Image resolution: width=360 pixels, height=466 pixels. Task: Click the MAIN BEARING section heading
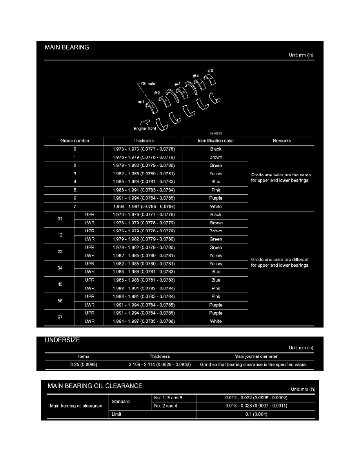(x=67, y=47)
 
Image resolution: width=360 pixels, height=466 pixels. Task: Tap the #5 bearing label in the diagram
(x=211, y=70)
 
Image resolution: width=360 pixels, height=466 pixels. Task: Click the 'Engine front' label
(x=145, y=128)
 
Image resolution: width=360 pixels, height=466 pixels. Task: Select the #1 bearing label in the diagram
(x=141, y=102)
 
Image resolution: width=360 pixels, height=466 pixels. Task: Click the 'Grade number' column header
(x=75, y=140)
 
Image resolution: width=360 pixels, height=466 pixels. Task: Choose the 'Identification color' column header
(x=216, y=140)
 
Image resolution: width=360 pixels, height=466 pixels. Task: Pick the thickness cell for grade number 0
(x=143, y=149)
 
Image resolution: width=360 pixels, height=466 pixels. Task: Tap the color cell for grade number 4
(x=216, y=182)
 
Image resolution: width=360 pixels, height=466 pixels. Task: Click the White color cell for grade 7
(x=216, y=206)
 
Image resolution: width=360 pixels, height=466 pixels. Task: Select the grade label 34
(x=60, y=268)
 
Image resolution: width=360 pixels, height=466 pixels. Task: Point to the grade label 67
(x=60, y=317)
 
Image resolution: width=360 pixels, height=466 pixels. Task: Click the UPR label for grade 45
(x=90, y=280)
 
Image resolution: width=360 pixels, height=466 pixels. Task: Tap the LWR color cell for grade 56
(x=216, y=305)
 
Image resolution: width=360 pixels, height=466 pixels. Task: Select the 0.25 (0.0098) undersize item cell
(x=84, y=364)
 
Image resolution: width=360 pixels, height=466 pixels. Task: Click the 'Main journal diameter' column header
(x=255, y=356)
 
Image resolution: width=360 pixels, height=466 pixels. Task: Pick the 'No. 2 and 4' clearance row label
(x=164, y=406)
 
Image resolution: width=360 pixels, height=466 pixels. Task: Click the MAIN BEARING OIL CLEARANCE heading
(x=95, y=386)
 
